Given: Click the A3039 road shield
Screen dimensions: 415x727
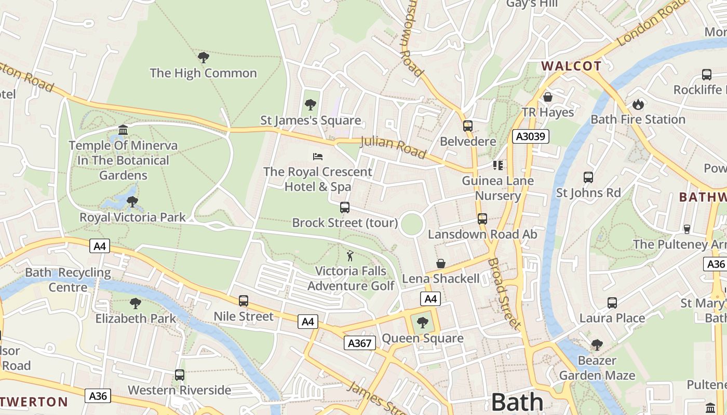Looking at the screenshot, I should click(530, 136).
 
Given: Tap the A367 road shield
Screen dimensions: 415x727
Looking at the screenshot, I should click(359, 343).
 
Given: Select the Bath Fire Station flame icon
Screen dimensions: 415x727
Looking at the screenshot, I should click(638, 104).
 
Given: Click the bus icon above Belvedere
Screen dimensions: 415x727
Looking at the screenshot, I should click(467, 126).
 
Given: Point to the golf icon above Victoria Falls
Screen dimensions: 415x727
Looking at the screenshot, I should click(351, 256).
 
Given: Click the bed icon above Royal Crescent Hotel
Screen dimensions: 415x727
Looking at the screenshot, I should click(318, 156).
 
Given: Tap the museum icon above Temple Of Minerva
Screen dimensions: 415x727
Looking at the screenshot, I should click(123, 130).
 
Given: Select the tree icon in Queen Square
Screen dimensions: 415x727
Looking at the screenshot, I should click(423, 323).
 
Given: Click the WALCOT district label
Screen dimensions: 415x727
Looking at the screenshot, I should click(571, 66).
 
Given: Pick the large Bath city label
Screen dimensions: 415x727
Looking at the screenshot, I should click(517, 402).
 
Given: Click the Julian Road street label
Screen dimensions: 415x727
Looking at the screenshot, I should click(393, 147).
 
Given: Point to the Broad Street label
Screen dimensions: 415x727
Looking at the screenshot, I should click(504, 294).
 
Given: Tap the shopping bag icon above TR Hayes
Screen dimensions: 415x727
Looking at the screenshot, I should click(547, 97).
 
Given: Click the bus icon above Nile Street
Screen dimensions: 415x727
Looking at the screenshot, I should click(243, 301).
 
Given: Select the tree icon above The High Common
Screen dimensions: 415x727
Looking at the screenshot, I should click(204, 57).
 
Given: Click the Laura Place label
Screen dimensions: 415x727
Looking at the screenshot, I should click(612, 317).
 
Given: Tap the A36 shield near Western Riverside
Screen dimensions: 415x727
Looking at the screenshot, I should click(98, 396).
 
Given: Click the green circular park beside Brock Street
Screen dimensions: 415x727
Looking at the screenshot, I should click(412, 224).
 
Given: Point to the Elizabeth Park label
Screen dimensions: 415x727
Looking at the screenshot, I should click(136, 318).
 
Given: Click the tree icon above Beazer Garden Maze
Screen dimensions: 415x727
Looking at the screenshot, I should click(597, 345).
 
